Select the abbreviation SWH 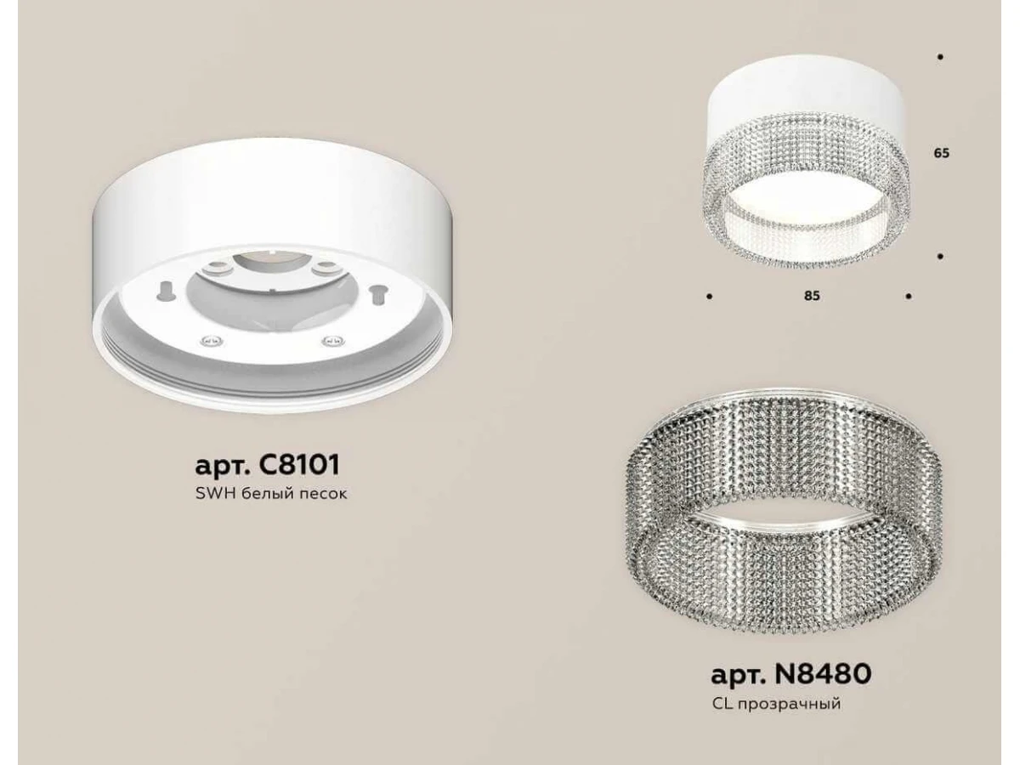click(x=217, y=493)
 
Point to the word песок click(x=322, y=494)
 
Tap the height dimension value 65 click(x=941, y=153)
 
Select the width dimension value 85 click(x=812, y=296)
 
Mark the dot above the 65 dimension click(x=941, y=71)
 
